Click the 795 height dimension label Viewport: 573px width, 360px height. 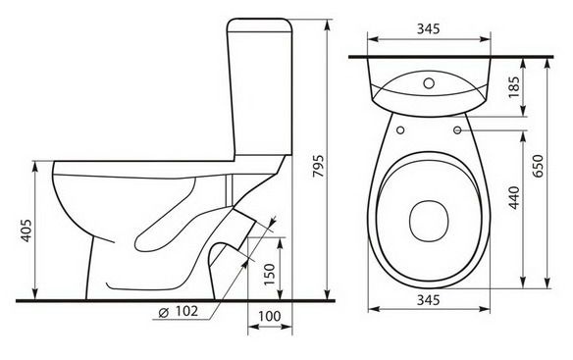click(319, 166)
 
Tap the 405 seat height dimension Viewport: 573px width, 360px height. click(26, 231)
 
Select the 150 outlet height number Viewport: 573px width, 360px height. click(269, 275)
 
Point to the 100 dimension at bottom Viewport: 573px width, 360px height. click(270, 316)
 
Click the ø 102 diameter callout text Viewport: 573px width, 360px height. click(179, 311)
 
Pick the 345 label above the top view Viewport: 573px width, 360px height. click(429, 28)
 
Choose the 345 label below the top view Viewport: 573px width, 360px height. click(429, 300)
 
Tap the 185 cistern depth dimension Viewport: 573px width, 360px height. click(514, 86)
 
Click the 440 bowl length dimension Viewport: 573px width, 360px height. click(514, 198)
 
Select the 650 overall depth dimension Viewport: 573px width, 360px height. click(538, 166)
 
